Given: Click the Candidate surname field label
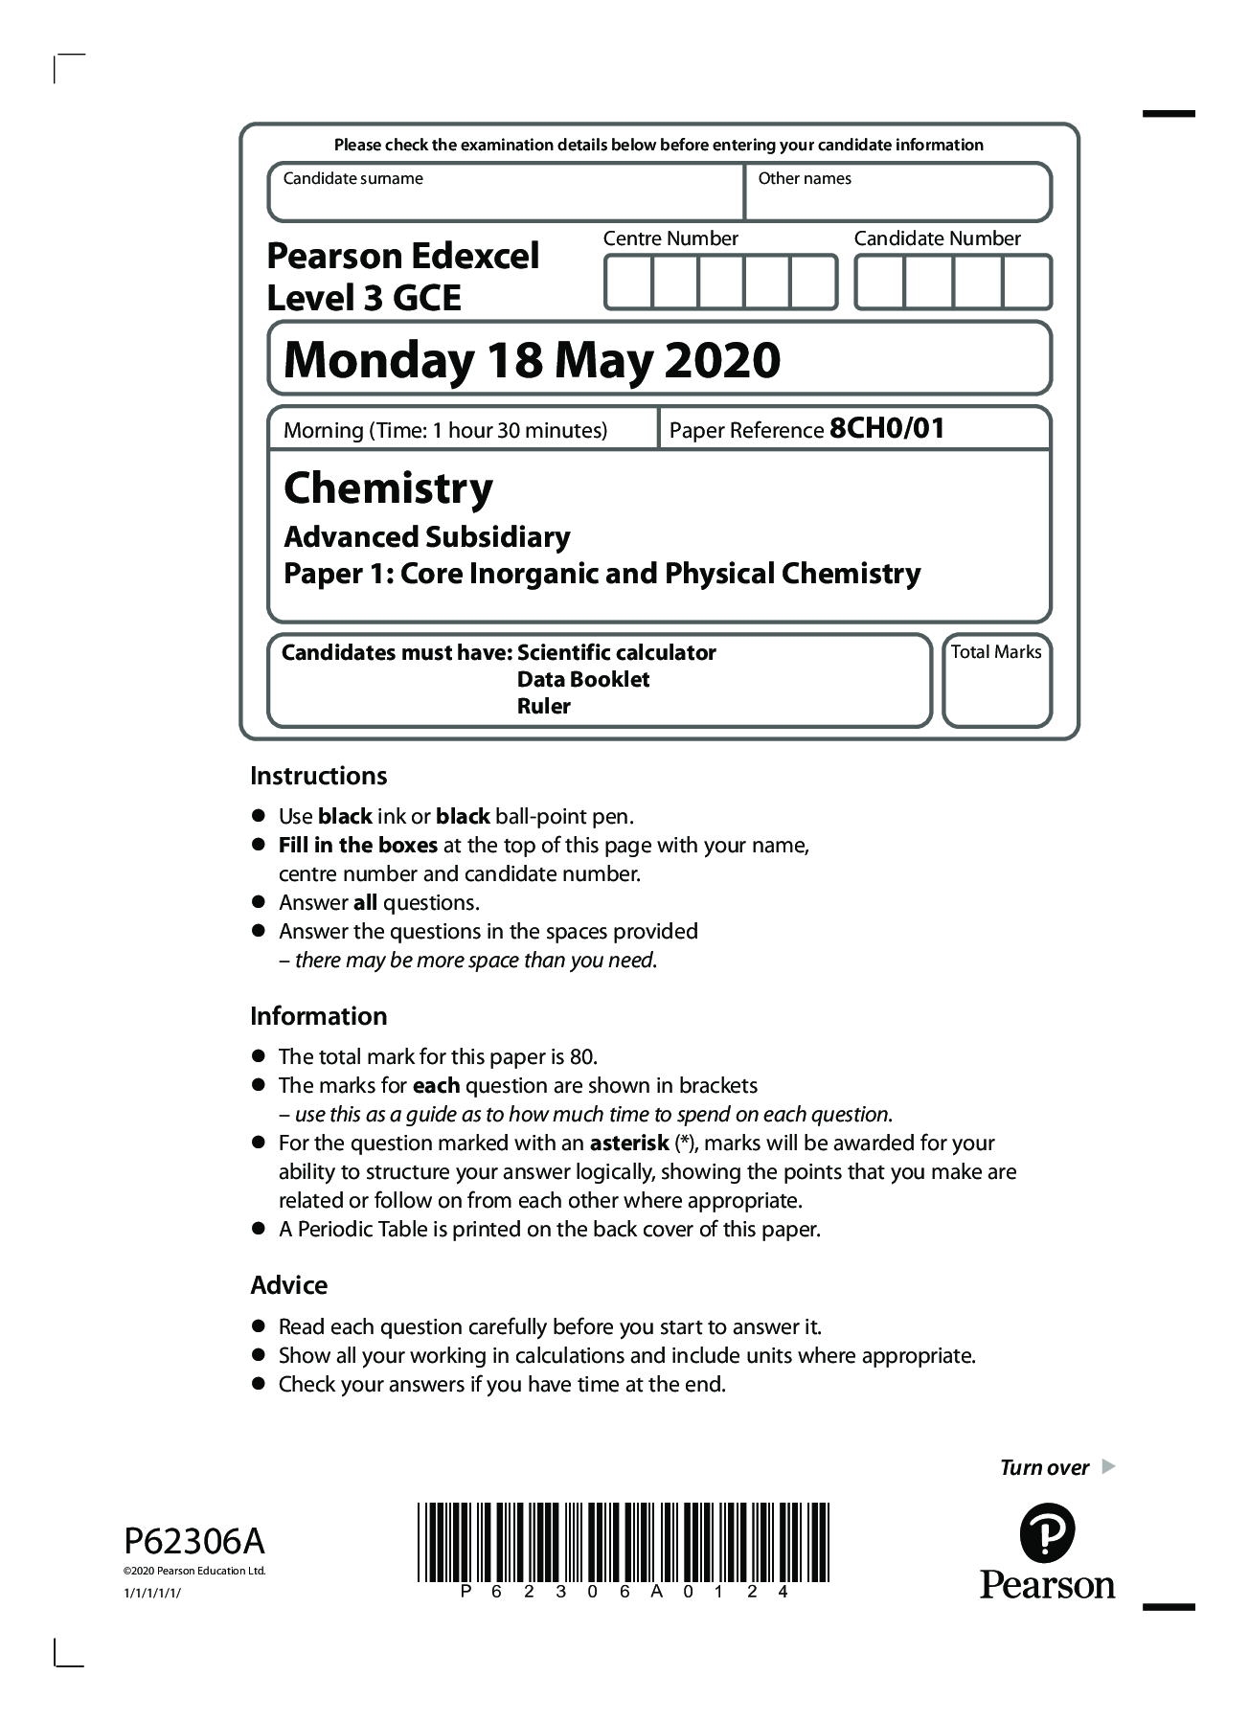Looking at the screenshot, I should click(x=352, y=178).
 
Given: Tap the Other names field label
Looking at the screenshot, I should click(x=804, y=178).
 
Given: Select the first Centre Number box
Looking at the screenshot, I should click(x=628, y=282).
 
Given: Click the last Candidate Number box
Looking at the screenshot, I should click(x=1027, y=282).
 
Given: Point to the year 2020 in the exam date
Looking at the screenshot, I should click(x=722, y=360).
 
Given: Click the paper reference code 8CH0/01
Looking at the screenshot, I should click(x=887, y=428).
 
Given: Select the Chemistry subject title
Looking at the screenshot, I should click(x=388, y=487).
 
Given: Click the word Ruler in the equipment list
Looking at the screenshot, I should click(x=543, y=706).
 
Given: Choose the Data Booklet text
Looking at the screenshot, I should click(x=582, y=679).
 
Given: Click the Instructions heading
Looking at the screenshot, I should click(x=318, y=776).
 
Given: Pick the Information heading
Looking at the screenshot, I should click(x=318, y=1016).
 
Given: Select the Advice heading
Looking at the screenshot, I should click(x=288, y=1285).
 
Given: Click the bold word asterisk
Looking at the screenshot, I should click(x=628, y=1143).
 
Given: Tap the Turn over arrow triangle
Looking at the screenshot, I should click(x=1108, y=1466).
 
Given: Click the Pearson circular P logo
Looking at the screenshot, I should click(x=1047, y=1533).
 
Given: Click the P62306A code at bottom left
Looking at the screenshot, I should click(x=193, y=1541).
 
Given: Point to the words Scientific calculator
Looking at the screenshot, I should click(x=616, y=652).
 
